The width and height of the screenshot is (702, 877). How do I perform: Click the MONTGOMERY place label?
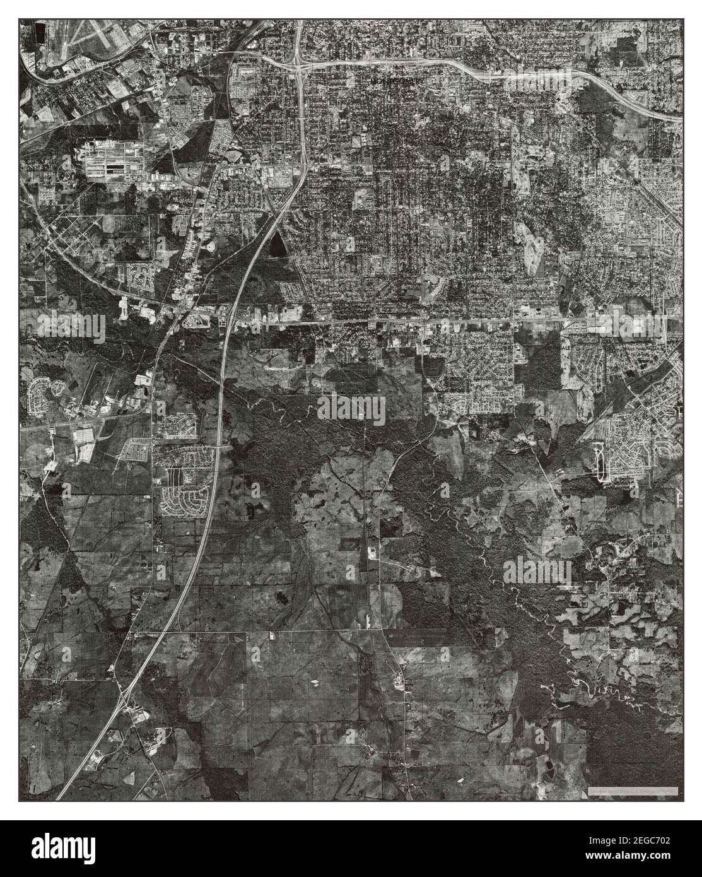398,81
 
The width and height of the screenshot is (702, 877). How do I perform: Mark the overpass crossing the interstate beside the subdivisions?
218,446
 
